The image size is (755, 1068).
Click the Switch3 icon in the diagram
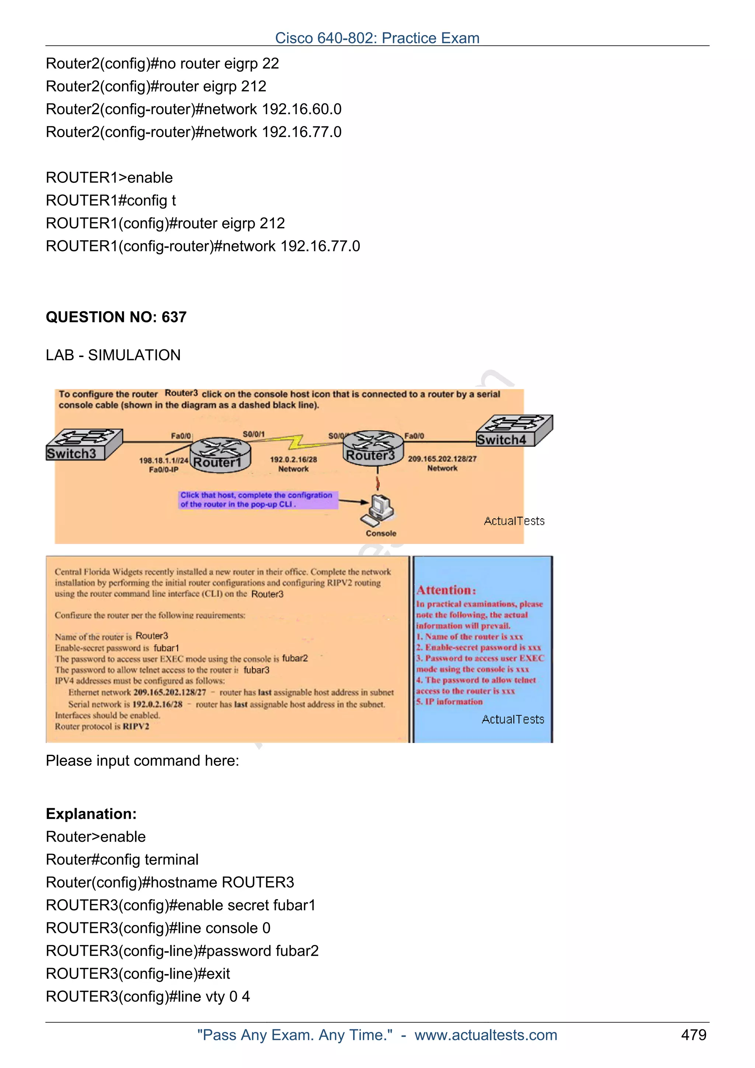pyautogui.click(x=84, y=444)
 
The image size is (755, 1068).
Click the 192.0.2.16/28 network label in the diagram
pyautogui.click(x=293, y=464)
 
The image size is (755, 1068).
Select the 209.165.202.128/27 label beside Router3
pyautogui.click(x=442, y=463)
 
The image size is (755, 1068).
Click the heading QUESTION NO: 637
pyautogui.click(x=116, y=317)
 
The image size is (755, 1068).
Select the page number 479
pyautogui.click(x=693, y=1034)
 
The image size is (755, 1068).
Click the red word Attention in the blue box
pyautogui.click(x=446, y=590)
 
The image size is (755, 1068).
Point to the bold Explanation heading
pyautogui.click(x=91, y=814)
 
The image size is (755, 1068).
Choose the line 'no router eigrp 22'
pyautogui.click(x=162, y=63)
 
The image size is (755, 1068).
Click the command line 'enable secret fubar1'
pyautogui.click(x=181, y=905)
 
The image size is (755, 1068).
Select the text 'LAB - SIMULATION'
pyautogui.click(x=113, y=355)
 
